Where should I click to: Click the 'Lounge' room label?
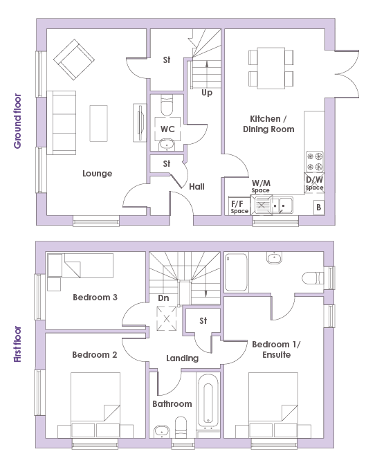(97, 174)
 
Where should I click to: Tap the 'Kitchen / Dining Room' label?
(268, 124)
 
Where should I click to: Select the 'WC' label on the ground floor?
(167, 129)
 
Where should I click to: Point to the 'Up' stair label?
(207, 93)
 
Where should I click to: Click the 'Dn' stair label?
(163, 298)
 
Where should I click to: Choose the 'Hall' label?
(196, 186)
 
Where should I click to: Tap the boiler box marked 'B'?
(319, 208)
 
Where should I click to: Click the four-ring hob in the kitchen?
(315, 161)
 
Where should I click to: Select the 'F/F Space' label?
(239, 207)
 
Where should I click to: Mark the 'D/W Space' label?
(314, 183)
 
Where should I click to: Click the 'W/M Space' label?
(261, 186)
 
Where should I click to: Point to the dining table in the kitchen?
(271, 68)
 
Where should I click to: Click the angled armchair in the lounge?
(74, 60)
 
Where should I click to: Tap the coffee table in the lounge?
(98, 123)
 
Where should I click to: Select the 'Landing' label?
(182, 358)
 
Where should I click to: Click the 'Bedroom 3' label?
(95, 298)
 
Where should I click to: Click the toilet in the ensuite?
(313, 278)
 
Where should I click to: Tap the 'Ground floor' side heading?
(18, 121)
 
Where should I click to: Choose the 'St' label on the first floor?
(203, 321)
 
